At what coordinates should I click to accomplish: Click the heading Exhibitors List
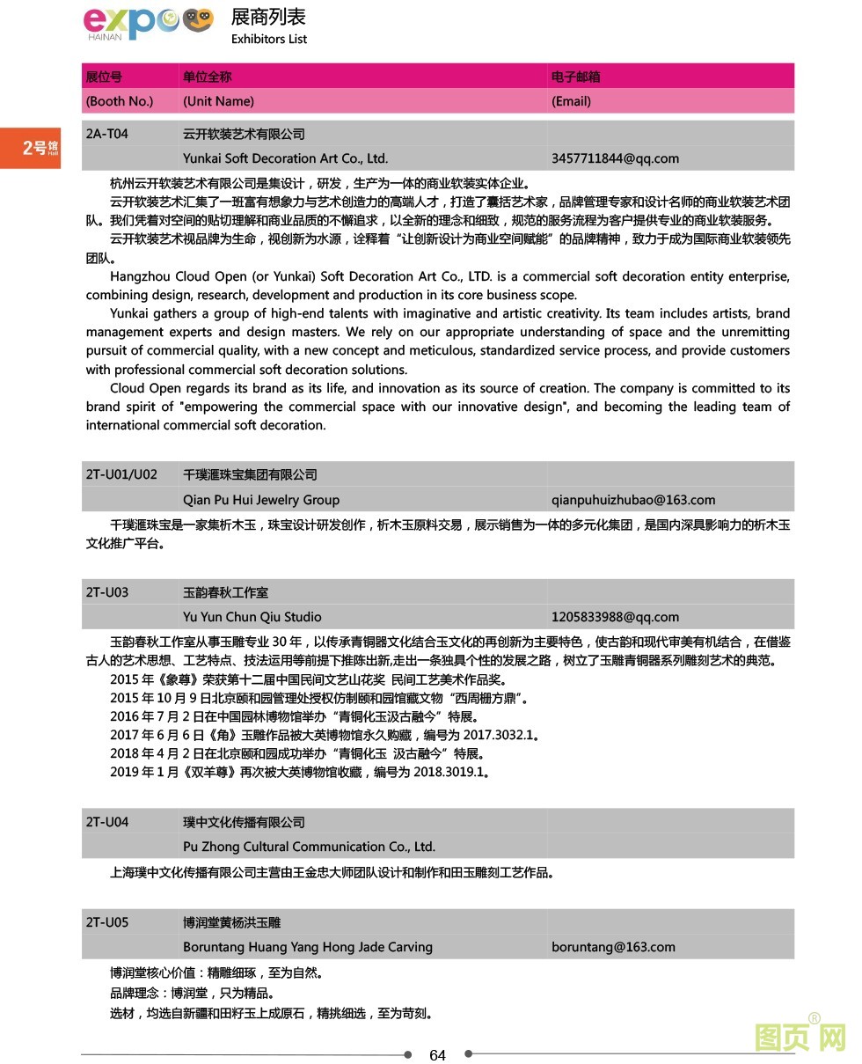(x=269, y=39)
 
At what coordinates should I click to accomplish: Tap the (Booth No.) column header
(x=120, y=101)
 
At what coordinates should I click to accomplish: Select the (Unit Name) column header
(x=218, y=101)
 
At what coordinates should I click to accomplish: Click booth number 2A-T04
(x=106, y=134)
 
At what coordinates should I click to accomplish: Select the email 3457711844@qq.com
(x=615, y=158)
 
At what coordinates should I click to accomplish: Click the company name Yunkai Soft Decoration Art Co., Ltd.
(x=285, y=158)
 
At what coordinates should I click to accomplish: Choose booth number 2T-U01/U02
(x=121, y=474)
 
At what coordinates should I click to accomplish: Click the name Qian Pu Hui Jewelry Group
(x=260, y=500)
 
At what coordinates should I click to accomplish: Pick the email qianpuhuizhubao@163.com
(x=633, y=500)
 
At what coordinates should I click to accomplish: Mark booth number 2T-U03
(x=106, y=592)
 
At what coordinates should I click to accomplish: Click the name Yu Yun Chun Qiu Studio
(x=252, y=617)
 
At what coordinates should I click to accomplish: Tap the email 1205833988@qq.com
(x=615, y=617)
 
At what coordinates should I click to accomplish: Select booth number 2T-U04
(x=106, y=822)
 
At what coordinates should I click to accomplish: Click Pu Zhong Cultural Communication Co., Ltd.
(x=309, y=847)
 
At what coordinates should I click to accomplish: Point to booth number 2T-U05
(x=106, y=922)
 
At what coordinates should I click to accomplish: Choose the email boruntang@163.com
(x=613, y=947)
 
